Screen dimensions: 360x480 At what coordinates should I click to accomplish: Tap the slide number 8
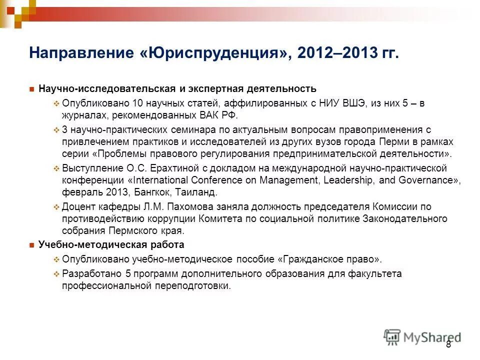(x=448, y=344)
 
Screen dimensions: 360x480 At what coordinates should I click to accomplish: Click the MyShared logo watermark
(x=422, y=336)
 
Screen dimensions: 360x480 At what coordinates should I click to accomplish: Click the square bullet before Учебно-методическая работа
(x=31, y=245)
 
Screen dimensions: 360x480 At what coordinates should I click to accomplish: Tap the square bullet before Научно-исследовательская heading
(x=31, y=89)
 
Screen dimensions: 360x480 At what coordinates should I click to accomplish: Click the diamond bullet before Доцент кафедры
(x=56, y=207)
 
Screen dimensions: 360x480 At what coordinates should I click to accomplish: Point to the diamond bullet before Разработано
(x=56, y=274)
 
